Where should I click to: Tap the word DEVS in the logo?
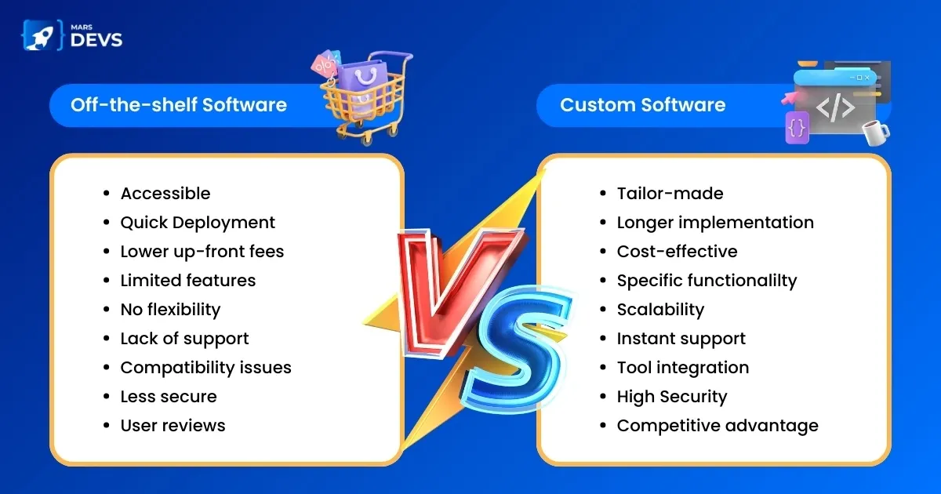[96, 40]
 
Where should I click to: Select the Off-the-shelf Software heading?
[179, 104]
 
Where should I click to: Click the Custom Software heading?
[643, 105]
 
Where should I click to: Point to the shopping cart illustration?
[363, 99]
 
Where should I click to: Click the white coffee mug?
[875, 133]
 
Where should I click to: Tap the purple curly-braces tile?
[797, 127]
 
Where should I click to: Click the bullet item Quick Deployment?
[198, 223]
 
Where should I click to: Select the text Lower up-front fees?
[202, 252]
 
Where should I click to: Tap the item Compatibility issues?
[205, 368]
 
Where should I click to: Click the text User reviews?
[173, 426]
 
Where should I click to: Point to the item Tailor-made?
[670, 194]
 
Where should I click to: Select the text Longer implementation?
[715, 223]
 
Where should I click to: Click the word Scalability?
[660, 310]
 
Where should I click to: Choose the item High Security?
[672, 397]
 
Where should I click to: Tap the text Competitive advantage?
[718, 426]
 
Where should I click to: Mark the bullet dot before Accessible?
[107, 193]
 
